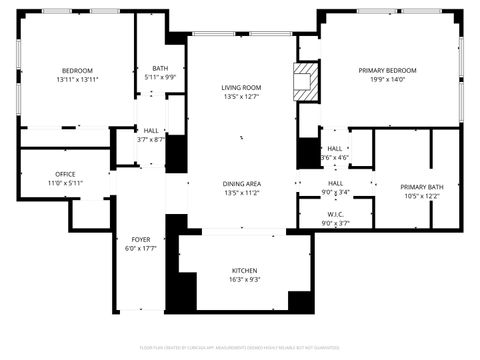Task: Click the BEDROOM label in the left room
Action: (x=77, y=70)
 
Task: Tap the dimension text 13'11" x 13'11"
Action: (x=77, y=79)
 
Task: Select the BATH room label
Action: (x=160, y=68)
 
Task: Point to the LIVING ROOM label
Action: (x=241, y=88)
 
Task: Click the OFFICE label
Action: (x=65, y=174)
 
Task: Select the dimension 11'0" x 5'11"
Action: (x=65, y=183)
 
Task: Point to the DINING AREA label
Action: (x=241, y=183)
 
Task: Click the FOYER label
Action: (x=140, y=240)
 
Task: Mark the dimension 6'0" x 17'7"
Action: (x=140, y=249)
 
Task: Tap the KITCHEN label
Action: (x=245, y=271)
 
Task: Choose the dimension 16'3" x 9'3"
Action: (x=245, y=280)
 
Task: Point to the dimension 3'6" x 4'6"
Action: (x=335, y=157)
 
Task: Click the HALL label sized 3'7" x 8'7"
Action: (x=151, y=130)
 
